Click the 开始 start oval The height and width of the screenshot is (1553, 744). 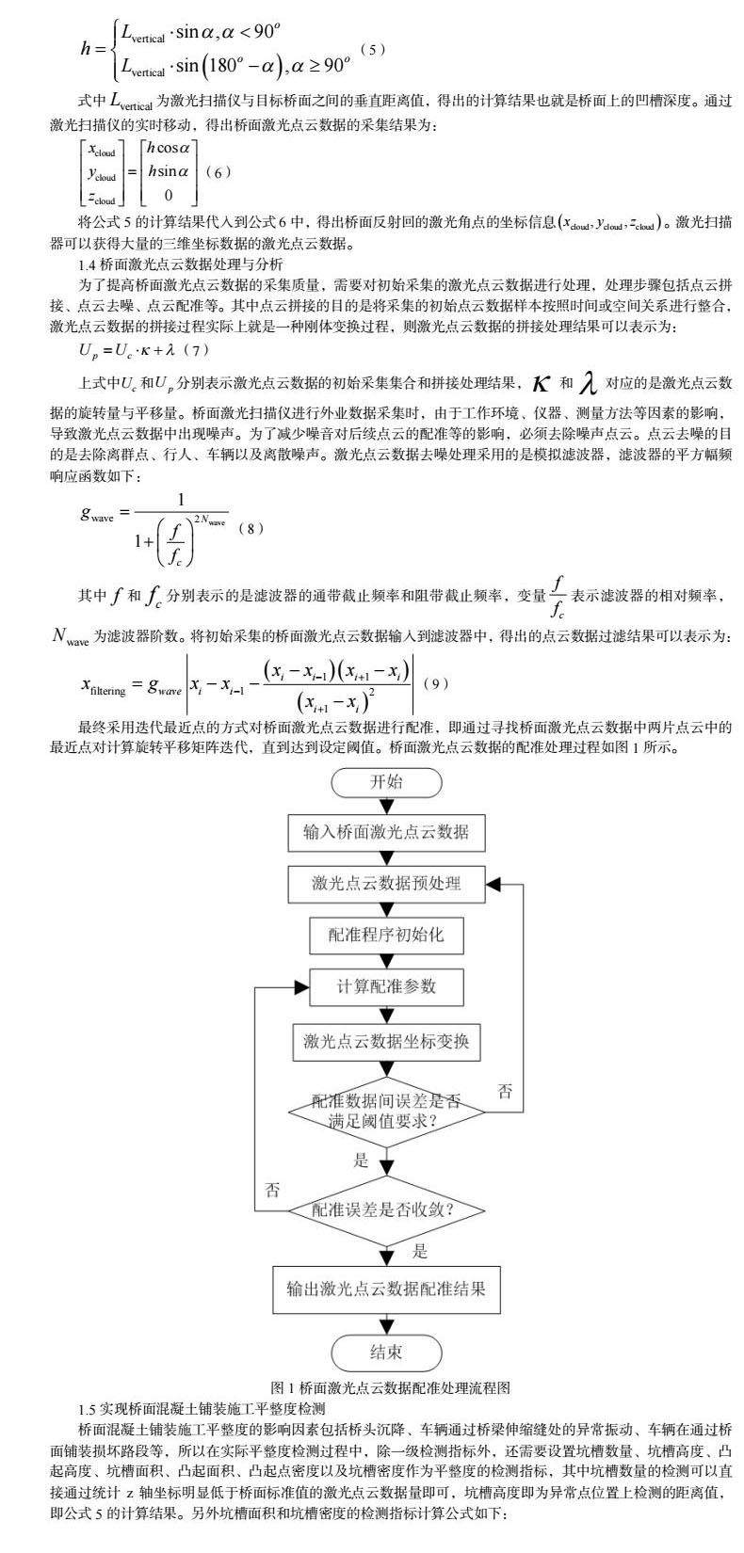(x=386, y=781)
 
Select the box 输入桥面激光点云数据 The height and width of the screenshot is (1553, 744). (x=386, y=832)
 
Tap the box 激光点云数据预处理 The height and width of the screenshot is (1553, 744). (x=386, y=883)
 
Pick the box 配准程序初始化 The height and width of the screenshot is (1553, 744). (x=386, y=935)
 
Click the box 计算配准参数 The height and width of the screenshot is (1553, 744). (x=386, y=986)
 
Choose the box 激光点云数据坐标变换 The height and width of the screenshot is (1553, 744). (x=386, y=1041)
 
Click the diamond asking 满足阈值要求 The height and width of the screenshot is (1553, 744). (x=386, y=1111)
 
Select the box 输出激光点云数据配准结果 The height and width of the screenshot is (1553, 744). (x=386, y=1289)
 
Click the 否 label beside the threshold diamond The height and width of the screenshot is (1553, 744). (x=506, y=1091)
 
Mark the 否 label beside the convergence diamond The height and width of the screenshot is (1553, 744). (x=273, y=1189)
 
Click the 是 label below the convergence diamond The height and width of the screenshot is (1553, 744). (x=420, y=1251)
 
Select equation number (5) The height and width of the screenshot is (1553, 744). (x=375, y=49)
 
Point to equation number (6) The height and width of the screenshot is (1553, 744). (x=218, y=172)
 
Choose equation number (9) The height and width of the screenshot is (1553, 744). (x=434, y=683)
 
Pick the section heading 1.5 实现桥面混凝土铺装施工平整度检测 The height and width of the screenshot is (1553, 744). (x=202, y=1409)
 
